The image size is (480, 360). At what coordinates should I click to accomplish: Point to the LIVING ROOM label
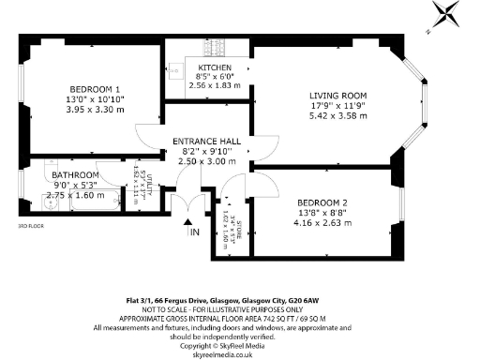tap(338, 96)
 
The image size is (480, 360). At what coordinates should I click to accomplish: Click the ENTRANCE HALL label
tap(209, 142)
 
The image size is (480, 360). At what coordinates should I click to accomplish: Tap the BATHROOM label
tap(73, 175)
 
